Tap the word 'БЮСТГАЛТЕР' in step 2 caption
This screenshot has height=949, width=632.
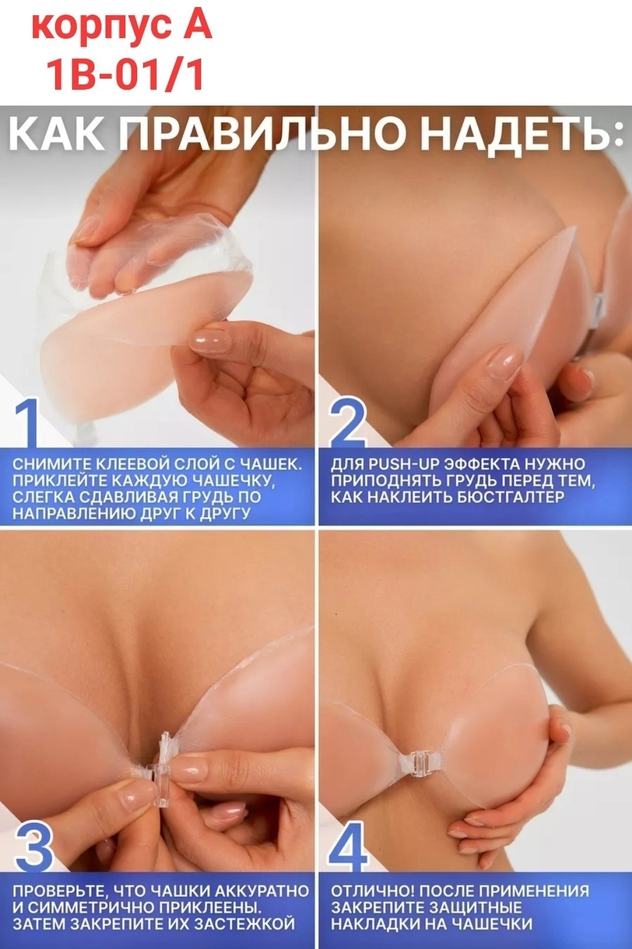pyautogui.click(x=510, y=497)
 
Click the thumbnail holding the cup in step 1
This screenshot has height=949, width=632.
pyautogui.click(x=207, y=340)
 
